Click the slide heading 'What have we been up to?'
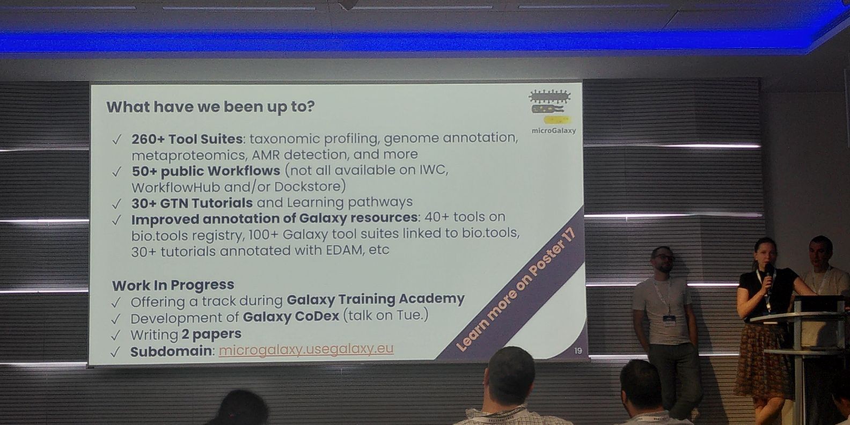pyautogui.click(x=210, y=107)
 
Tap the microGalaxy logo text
pyautogui.click(x=554, y=130)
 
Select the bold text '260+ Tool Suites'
pyautogui.click(x=187, y=140)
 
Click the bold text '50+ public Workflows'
pyautogui.click(x=206, y=171)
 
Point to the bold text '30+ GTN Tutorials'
pyautogui.click(x=192, y=203)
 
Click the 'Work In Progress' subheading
pyautogui.click(x=173, y=285)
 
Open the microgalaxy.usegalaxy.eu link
pyautogui.click(x=306, y=349)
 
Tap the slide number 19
pyautogui.click(x=578, y=351)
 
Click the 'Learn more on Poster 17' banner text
pyautogui.click(x=516, y=290)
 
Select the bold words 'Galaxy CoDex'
pyautogui.click(x=291, y=317)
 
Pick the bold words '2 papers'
pyautogui.click(x=211, y=334)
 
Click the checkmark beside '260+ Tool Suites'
pyautogui.click(x=116, y=140)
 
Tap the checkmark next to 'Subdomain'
pyautogui.click(x=115, y=352)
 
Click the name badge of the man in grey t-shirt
pyautogui.click(x=669, y=319)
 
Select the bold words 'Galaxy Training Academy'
pyautogui.click(x=375, y=299)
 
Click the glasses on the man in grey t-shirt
pyautogui.click(x=665, y=258)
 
